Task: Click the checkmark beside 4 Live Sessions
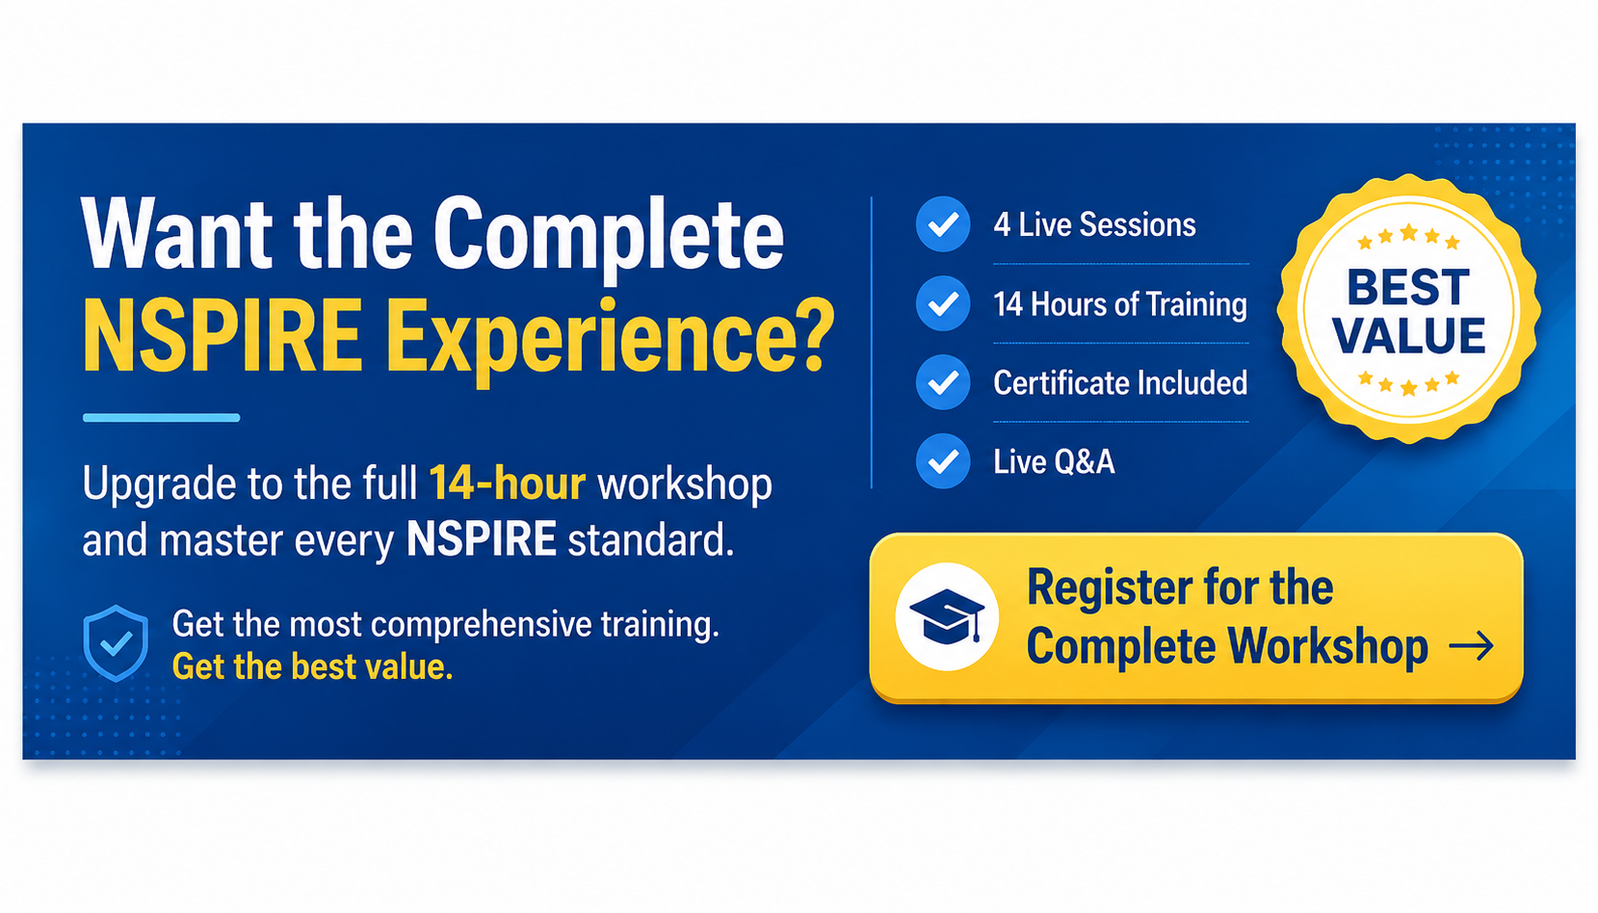tap(942, 224)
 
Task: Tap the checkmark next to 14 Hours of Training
tap(942, 303)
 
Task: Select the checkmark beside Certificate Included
tap(942, 382)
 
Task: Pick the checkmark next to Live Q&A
tap(942, 460)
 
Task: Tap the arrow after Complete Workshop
tap(1471, 645)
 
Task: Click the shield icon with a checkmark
tap(116, 643)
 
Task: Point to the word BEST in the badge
tap(1407, 287)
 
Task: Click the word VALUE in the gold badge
tap(1408, 336)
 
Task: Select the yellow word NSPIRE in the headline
tap(223, 335)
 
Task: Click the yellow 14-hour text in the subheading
tap(508, 483)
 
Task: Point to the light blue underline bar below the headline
tap(161, 418)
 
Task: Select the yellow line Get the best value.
tap(312, 667)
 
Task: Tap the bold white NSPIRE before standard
tap(482, 539)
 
